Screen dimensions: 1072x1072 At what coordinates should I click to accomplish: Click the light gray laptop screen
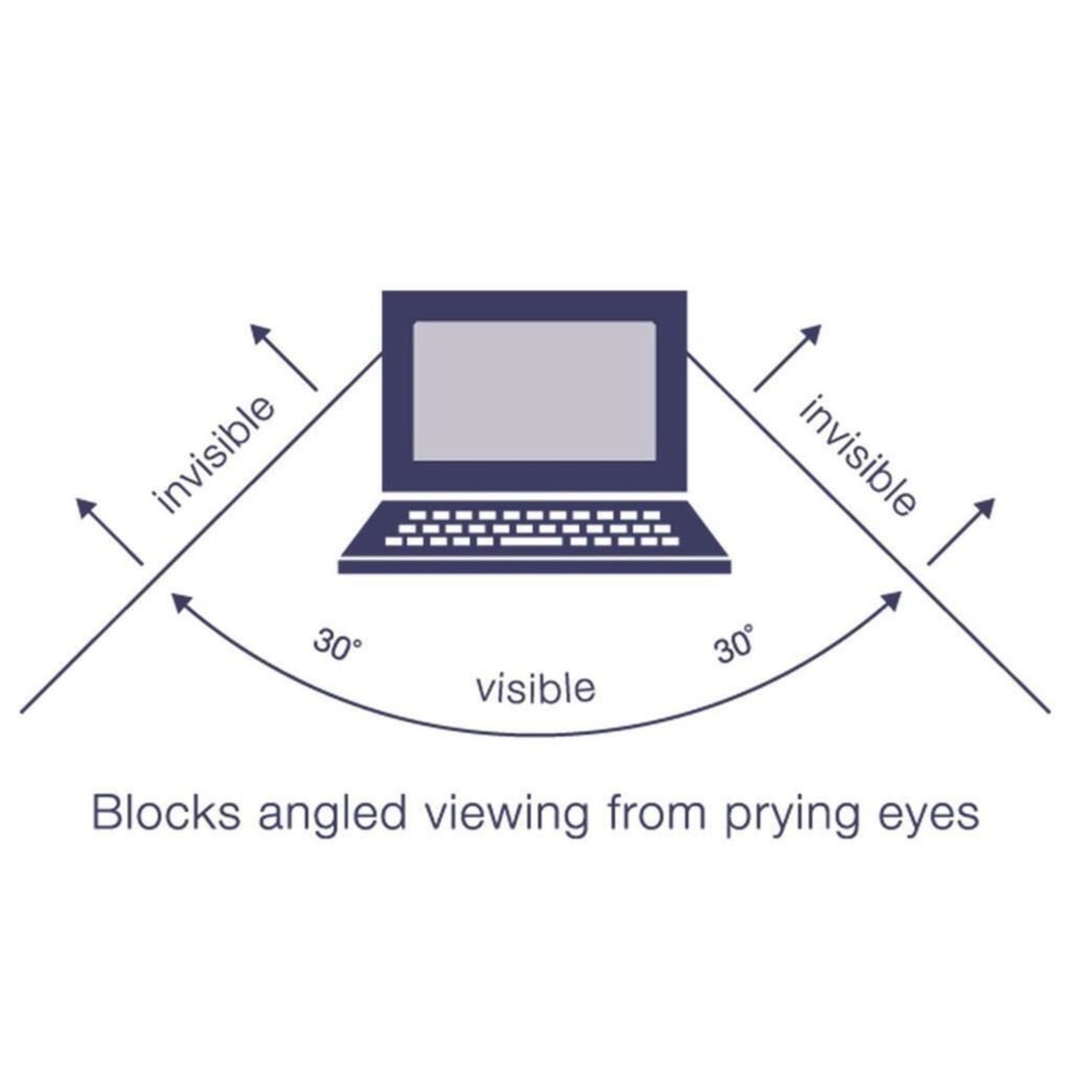pos(534,390)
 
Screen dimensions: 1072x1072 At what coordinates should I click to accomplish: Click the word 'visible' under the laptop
pos(536,688)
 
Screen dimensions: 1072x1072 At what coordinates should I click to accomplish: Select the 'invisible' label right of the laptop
pos(858,455)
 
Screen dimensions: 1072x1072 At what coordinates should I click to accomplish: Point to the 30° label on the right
pos(734,644)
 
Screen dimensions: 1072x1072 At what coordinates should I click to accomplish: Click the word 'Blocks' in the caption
pos(165,814)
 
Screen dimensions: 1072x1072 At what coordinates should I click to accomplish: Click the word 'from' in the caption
pos(657,814)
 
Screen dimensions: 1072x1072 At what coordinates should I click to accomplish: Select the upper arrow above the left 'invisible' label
pos(283,357)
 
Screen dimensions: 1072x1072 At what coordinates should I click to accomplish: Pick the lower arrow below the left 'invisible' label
pos(109,531)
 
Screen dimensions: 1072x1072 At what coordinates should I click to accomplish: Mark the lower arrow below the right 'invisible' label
pos(961,531)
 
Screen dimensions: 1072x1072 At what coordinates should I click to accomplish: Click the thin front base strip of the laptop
pos(535,567)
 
